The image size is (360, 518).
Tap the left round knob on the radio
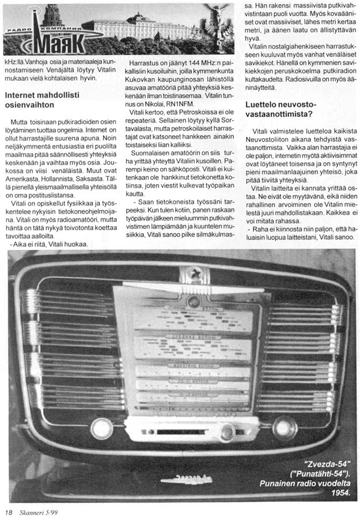102,428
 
